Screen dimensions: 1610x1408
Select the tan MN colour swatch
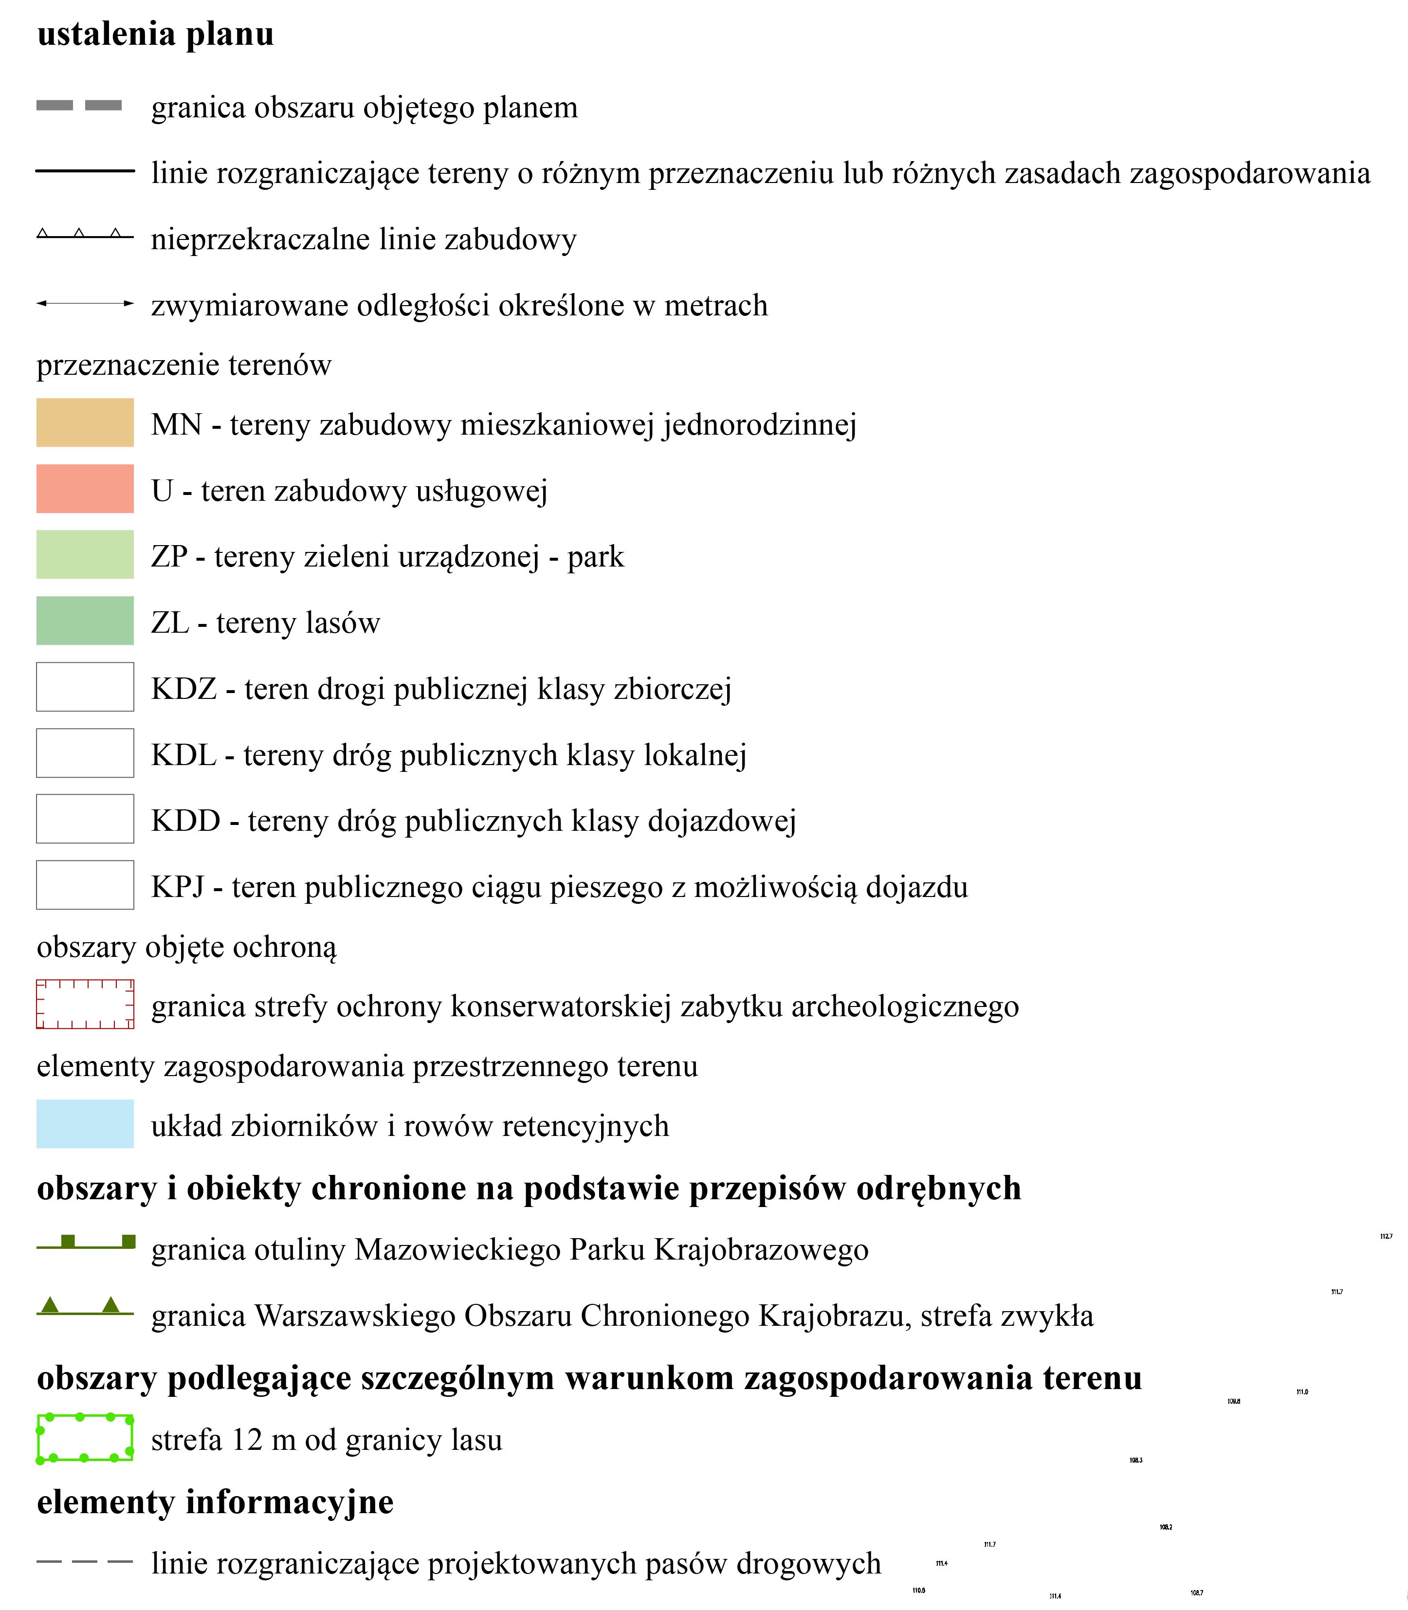click(85, 423)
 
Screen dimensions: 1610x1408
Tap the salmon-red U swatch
click(85, 489)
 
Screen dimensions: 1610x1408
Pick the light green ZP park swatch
click(85, 555)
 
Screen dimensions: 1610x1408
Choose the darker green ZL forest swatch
click(85, 621)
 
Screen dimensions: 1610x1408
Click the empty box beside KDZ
click(85, 687)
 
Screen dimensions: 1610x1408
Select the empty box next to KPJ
click(85, 885)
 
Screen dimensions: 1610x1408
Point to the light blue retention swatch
click(85, 1124)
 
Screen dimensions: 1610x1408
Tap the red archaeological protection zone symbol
click(85, 1004)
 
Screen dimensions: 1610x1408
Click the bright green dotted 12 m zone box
click(85, 1438)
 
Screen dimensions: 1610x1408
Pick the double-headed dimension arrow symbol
click(85, 303)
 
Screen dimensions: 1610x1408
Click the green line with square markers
click(85, 1243)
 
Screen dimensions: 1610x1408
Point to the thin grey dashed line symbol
click(85, 1561)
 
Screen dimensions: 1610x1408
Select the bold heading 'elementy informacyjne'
click(215, 1501)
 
